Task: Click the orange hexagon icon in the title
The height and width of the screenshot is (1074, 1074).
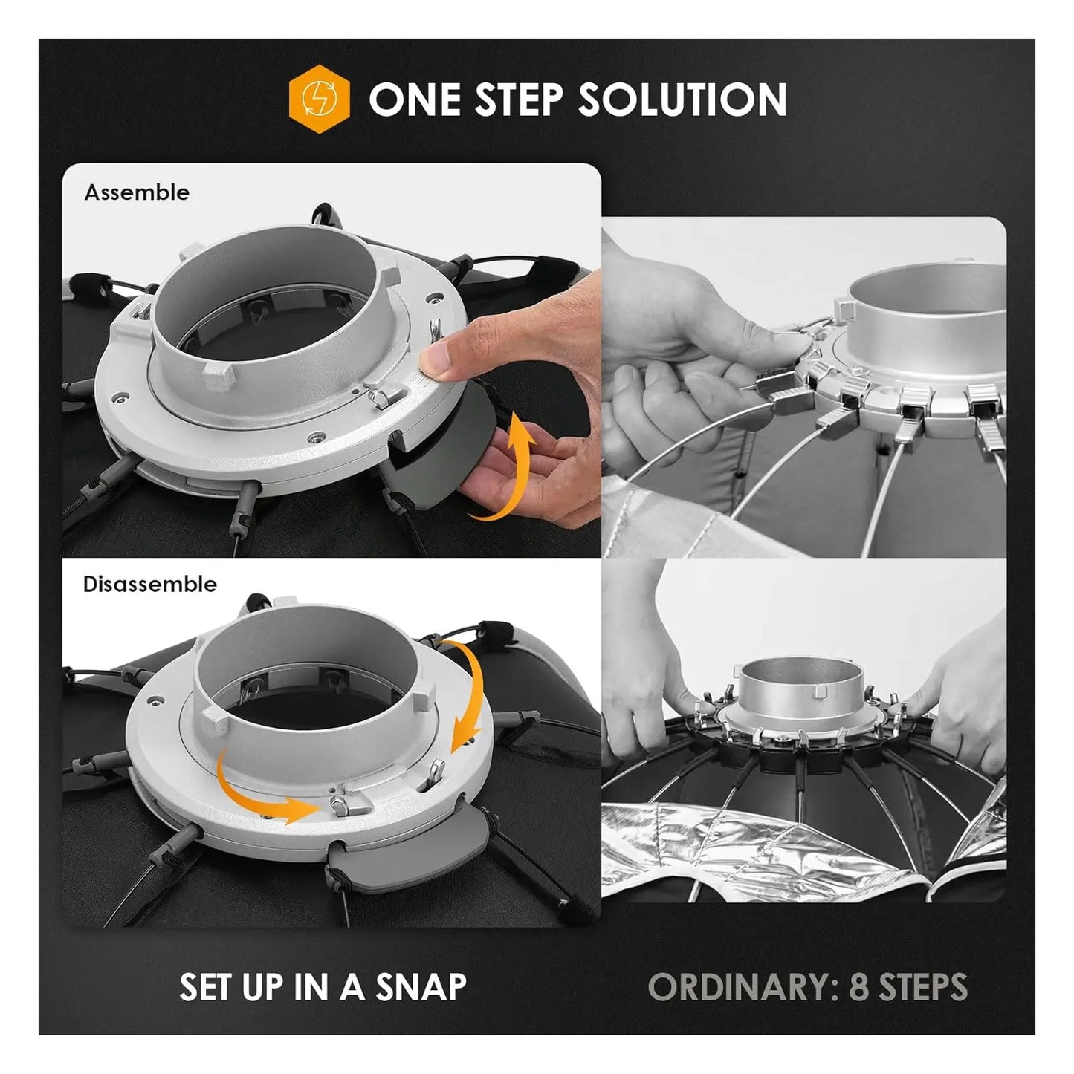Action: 319,99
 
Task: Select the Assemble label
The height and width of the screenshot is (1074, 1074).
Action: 137,192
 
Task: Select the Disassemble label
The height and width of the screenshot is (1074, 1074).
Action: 149,585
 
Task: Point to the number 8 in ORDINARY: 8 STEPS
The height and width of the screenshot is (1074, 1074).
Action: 858,987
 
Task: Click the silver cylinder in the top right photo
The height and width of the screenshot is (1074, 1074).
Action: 929,316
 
